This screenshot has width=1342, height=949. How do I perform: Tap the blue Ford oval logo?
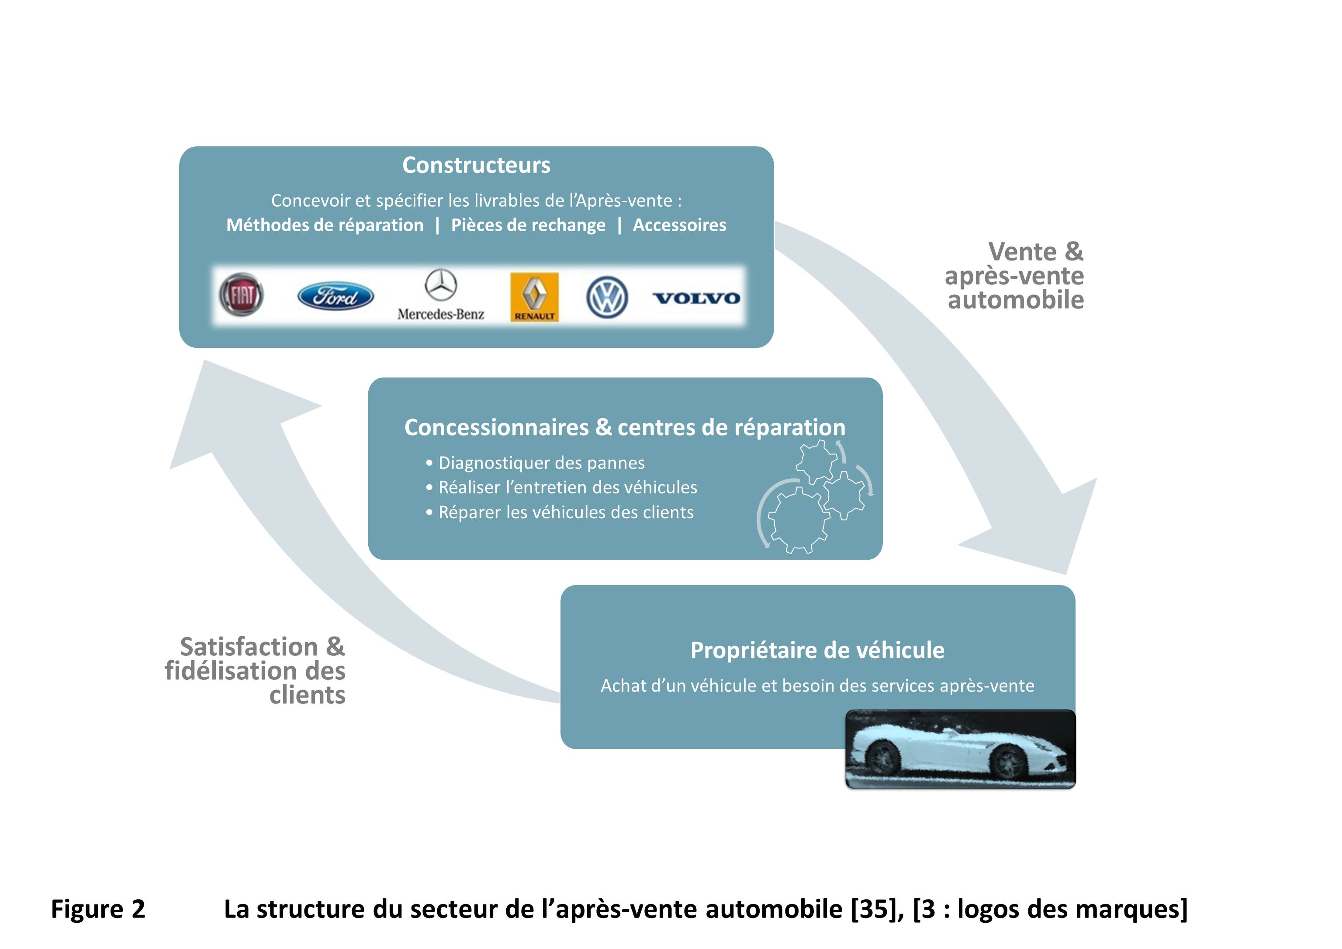pyautogui.click(x=335, y=296)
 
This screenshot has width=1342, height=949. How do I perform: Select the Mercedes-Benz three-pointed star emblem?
pyautogui.click(x=441, y=285)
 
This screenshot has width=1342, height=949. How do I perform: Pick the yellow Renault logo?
pyautogui.click(x=534, y=296)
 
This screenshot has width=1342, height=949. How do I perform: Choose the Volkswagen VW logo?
pyautogui.click(x=607, y=297)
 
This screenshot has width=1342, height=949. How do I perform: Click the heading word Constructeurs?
pyautogui.click(x=476, y=166)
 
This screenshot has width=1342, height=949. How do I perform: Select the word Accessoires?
pyautogui.click(x=679, y=225)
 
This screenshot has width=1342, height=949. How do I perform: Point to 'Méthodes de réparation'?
pyautogui.click(x=325, y=225)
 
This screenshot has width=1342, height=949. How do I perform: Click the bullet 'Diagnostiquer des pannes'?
pyautogui.click(x=541, y=463)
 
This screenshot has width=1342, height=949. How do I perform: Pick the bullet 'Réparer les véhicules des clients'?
pyautogui.click(x=566, y=512)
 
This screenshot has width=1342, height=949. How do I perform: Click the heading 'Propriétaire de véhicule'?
pyautogui.click(x=817, y=650)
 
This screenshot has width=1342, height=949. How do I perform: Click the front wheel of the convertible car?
pyautogui.click(x=1006, y=760)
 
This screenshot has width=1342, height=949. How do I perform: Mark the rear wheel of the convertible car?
pyautogui.click(x=882, y=757)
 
